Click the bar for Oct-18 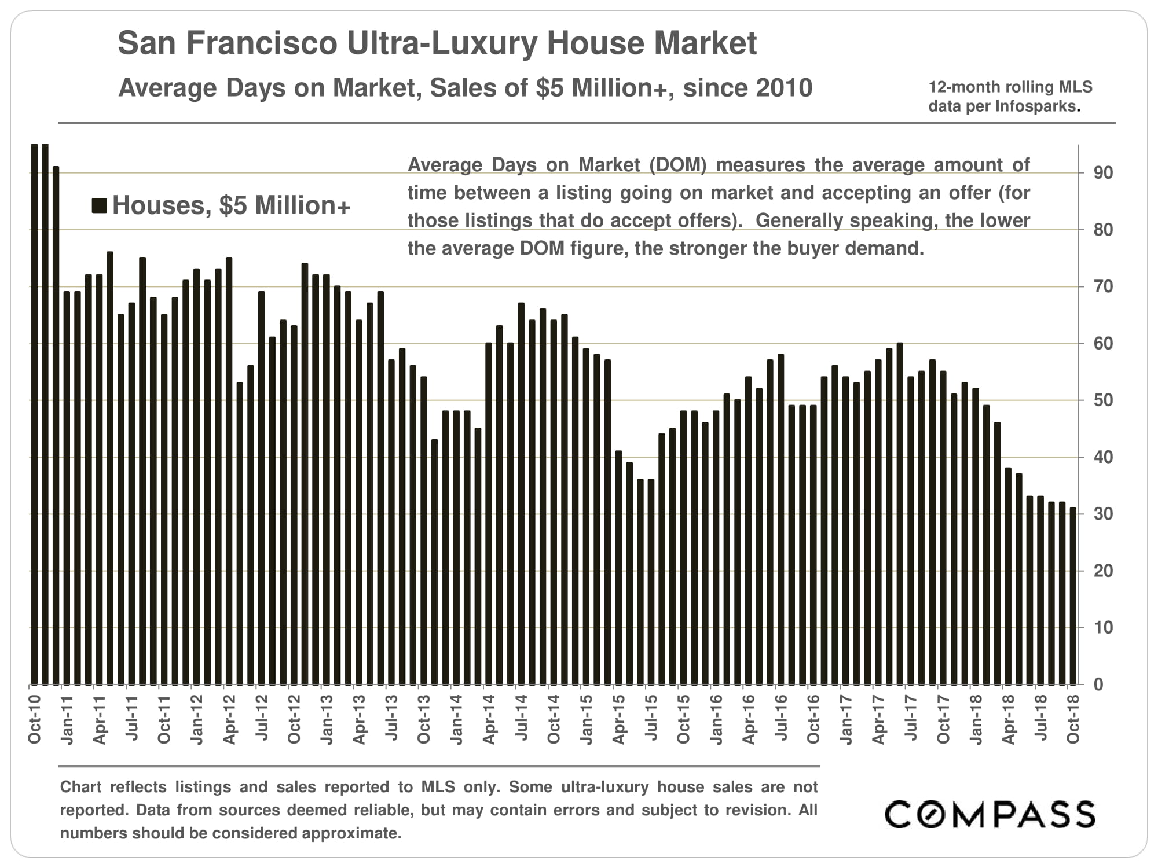click(1073, 596)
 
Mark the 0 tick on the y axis click(1098, 685)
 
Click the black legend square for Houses click(100, 205)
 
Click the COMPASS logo click(990, 814)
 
